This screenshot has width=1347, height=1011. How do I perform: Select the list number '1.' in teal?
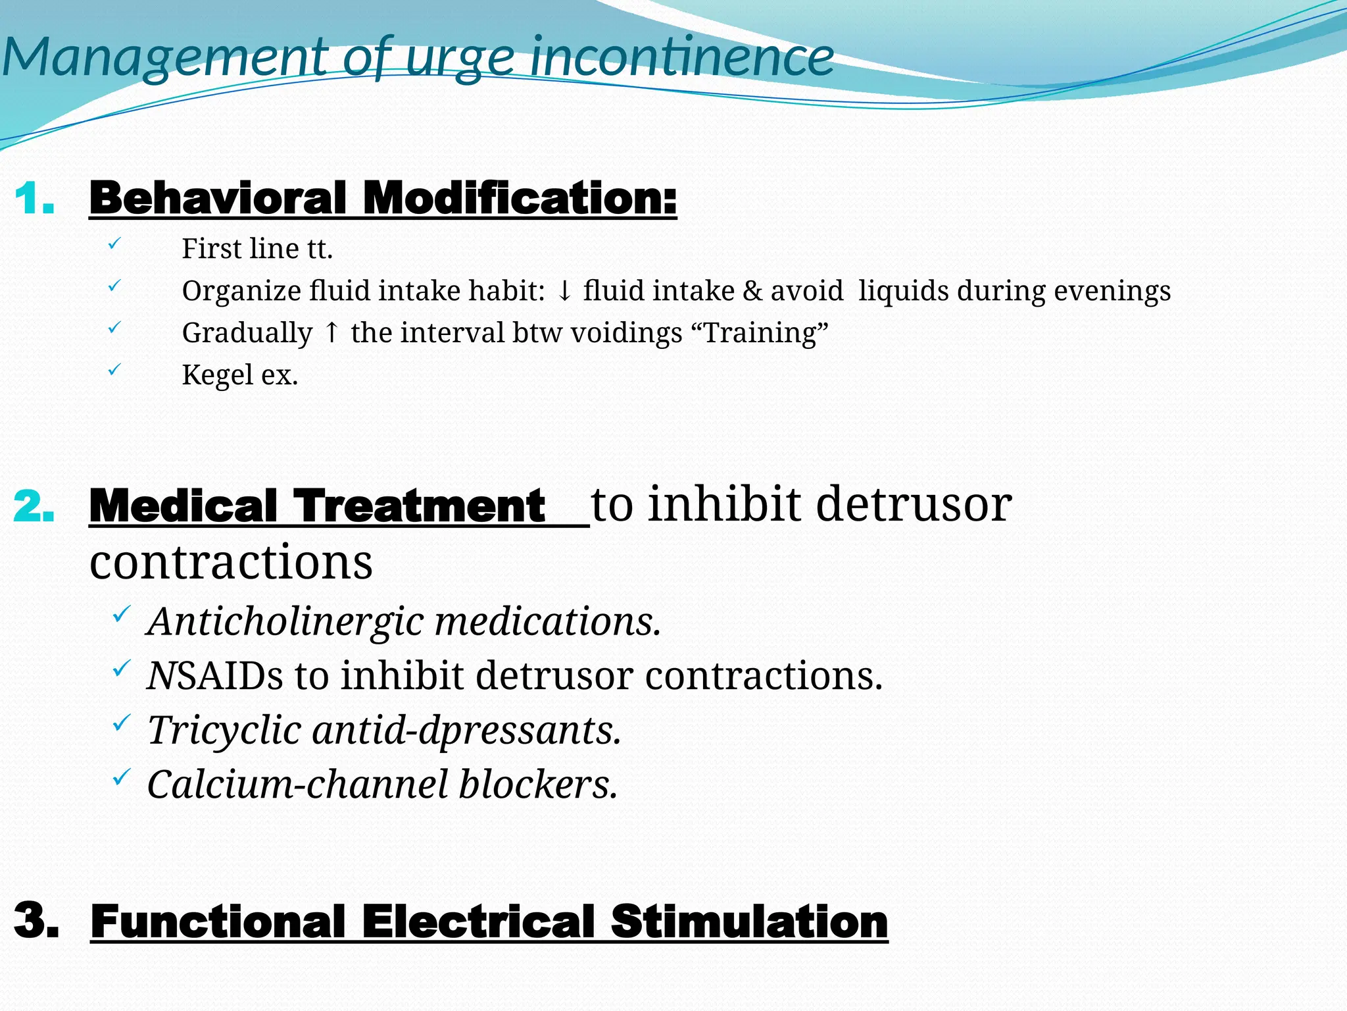(34, 199)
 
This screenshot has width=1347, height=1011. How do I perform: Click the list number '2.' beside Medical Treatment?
(34, 507)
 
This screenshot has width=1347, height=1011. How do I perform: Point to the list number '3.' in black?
(37, 920)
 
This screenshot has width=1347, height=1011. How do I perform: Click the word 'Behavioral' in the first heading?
(217, 198)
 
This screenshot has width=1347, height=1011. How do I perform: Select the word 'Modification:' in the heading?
(520, 198)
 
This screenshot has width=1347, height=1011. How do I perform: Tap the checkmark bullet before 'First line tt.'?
(114, 244)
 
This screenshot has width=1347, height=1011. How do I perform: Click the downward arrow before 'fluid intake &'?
(564, 291)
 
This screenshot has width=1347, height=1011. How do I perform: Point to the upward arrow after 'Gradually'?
(332, 333)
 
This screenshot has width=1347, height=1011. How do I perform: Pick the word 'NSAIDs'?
(215, 676)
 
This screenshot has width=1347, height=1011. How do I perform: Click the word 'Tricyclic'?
(224, 731)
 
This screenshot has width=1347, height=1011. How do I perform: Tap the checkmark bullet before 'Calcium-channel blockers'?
(121, 779)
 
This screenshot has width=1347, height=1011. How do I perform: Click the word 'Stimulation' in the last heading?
(749, 921)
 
